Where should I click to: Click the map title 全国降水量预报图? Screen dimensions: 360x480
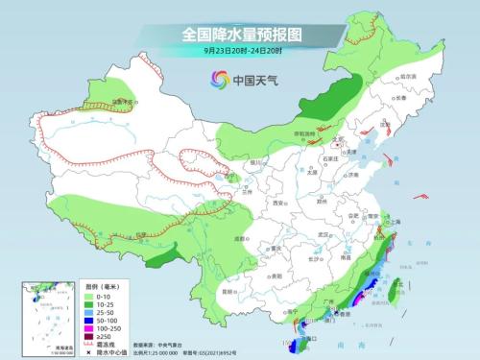click(x=241, y=34)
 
